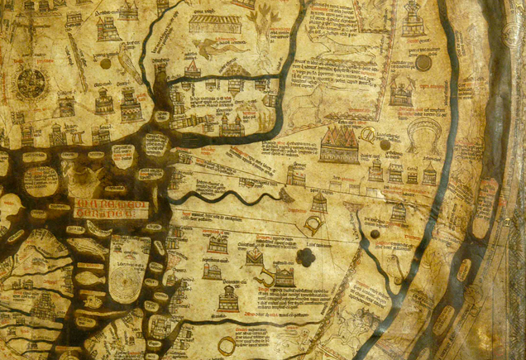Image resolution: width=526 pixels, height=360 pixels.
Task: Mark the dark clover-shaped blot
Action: coord(306,258)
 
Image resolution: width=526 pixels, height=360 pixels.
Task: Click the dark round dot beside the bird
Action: coord(105,63)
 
